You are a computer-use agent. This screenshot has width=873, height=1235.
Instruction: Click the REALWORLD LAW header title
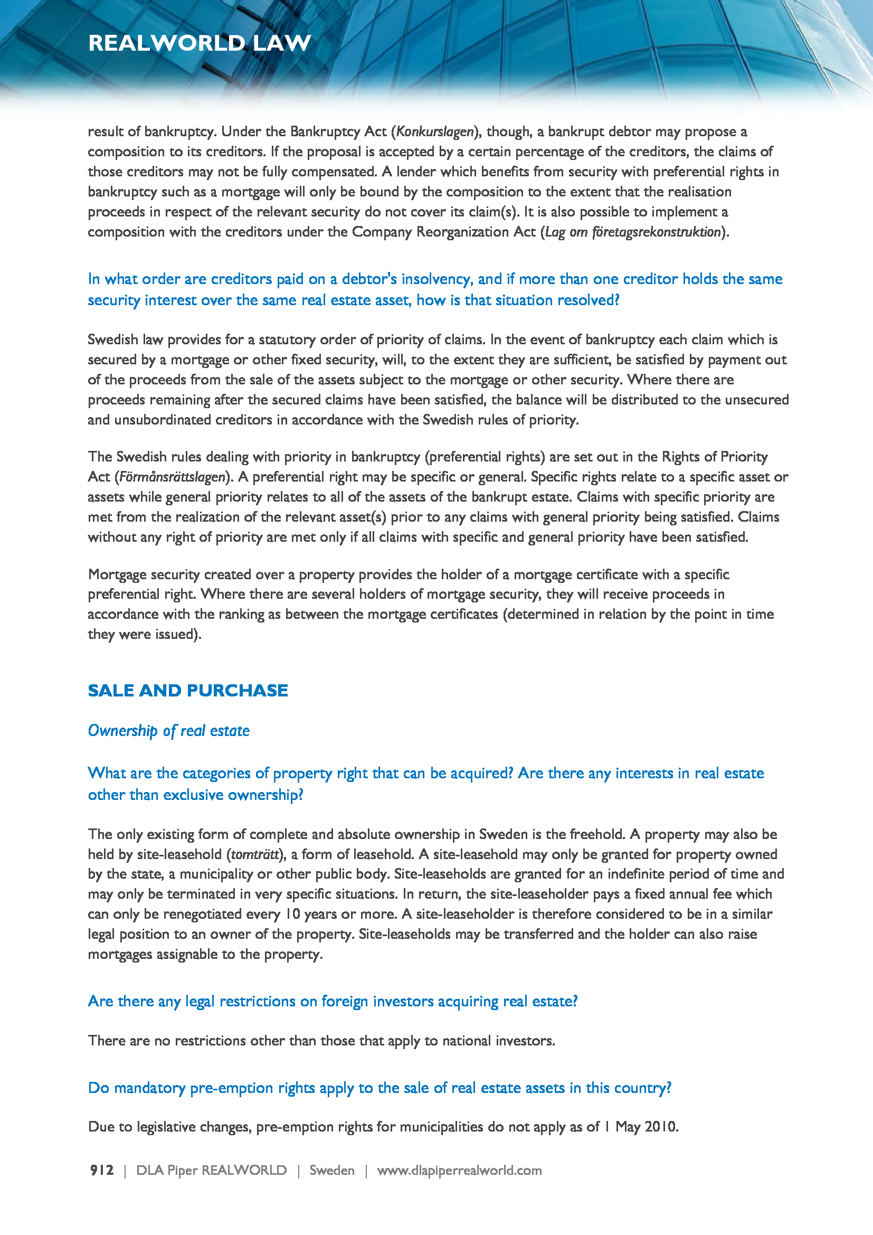pos(200,43)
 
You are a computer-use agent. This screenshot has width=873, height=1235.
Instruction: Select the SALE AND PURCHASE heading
pos(187,690)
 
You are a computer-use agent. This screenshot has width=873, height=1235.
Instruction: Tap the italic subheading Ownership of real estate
pos(169,730)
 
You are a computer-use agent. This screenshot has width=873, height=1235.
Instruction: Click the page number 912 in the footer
pos(101,1170)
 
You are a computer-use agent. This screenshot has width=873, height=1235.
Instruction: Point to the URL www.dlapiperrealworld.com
pos(459,1170)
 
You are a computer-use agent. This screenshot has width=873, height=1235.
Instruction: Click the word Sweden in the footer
pos(331,1170)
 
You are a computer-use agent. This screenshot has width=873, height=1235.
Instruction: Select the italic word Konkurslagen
pos(435,132)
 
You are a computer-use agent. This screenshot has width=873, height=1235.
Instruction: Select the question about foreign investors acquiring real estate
pos(333,1001)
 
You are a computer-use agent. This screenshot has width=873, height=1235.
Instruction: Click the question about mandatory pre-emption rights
pos(379,1088)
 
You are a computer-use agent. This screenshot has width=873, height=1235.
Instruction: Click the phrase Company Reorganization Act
pos(443,232)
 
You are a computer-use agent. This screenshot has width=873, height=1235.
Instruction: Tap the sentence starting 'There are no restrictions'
pos(321,1040)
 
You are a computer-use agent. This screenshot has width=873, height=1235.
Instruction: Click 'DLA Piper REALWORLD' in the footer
pos(211,1170)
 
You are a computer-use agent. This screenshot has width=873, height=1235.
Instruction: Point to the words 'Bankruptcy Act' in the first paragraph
pos(338,132)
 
